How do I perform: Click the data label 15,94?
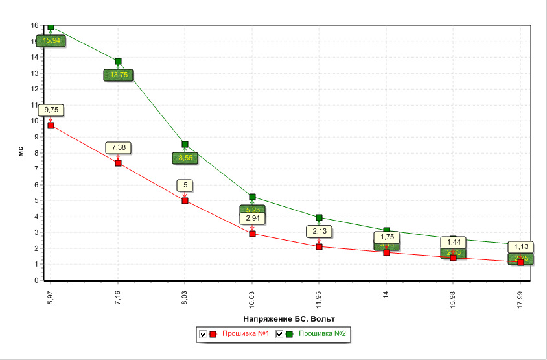(x=51, y=40)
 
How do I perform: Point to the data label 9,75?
(x=51, y=110)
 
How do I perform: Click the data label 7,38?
(x=119, y=148)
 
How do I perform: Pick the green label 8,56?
(x=185, y=157)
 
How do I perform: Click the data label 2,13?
(x=319, y=231)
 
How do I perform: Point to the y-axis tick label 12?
(x=35, y=89)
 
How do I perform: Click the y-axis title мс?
(x=21, y=153)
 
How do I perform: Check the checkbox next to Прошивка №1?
(x=204, y=334)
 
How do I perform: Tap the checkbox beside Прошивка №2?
(x=280, y=334)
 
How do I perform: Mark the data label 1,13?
(x=521, y=246)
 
